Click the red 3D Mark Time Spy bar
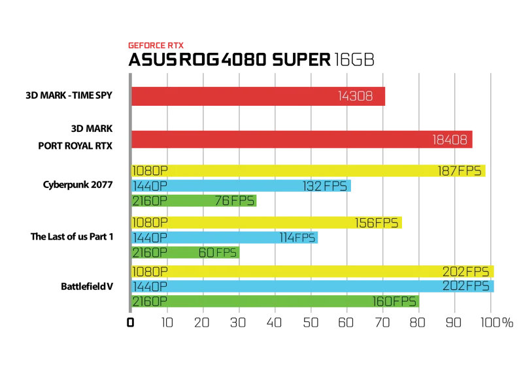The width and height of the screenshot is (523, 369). pos(258,97)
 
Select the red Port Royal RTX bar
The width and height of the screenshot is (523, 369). pos(302,139)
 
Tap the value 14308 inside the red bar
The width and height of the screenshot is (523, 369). pos(355,97)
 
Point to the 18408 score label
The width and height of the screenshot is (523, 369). pos(450,140)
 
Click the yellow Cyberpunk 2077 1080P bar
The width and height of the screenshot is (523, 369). pos(309,170)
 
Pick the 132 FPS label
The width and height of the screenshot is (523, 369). pos(325,186)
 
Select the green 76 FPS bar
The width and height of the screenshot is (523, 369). pos(194,201)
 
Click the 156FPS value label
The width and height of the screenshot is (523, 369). pos(377,223)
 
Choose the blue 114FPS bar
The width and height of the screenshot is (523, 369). pos(224,238)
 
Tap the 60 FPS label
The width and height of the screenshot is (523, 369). pos(218,253)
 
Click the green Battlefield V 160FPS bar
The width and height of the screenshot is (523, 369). pos(275,301)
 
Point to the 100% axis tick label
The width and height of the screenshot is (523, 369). pos(497,323)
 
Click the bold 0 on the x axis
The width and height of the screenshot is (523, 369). pos(130,323)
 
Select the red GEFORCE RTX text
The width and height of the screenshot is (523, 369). pos(156,45)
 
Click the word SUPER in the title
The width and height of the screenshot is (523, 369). pos(301,60)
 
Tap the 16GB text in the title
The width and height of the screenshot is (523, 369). pos(354,60)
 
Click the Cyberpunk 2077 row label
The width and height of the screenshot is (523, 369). pos(78,185)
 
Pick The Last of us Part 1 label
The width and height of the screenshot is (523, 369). pos(72,236)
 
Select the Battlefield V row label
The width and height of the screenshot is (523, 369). pos(87,286)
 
